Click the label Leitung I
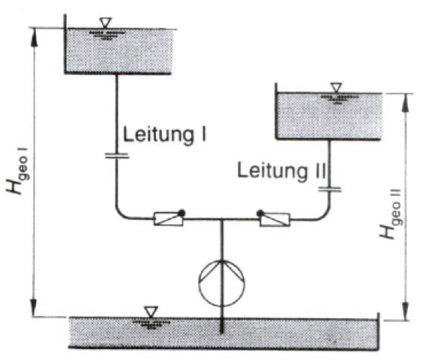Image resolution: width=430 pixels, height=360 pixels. pyautogui.click(x=165, y=134)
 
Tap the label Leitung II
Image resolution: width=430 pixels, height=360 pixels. pyautogui.click(x=281, y=171)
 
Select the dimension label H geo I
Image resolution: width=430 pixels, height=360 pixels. pyautogui.click(x=17, y=171)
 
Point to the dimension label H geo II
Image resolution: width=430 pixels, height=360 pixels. pyautogui.click(x=391, y=214)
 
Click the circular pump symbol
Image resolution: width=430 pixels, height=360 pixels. pyautogui.click(x=221, y=283)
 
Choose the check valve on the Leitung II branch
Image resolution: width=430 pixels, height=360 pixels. pyautogui.click(x=274, y=218)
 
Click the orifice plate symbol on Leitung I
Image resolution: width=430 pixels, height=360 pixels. pyautogui.click(x=116, y=156)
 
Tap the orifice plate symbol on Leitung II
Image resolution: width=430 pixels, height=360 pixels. pyautogui.click(x=330, y=190)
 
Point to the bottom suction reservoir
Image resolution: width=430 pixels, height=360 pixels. pyautogui.click(x=223, y=333)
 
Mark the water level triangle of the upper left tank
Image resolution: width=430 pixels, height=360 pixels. pyautogui.click(x=105, y=23)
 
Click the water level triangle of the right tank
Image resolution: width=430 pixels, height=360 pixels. pyautogui.click(x=336, y=87)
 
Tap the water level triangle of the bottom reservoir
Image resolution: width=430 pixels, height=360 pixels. pyautogui.click(x=151, y=312)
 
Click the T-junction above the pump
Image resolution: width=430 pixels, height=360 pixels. pyautogui.click(x=221, y=219)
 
